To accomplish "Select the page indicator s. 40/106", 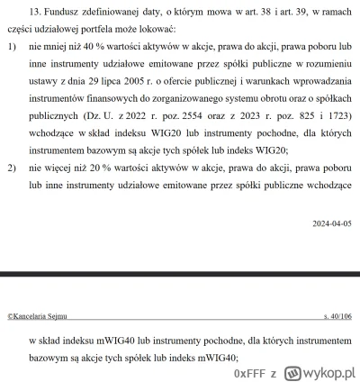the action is pos(337,317).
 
